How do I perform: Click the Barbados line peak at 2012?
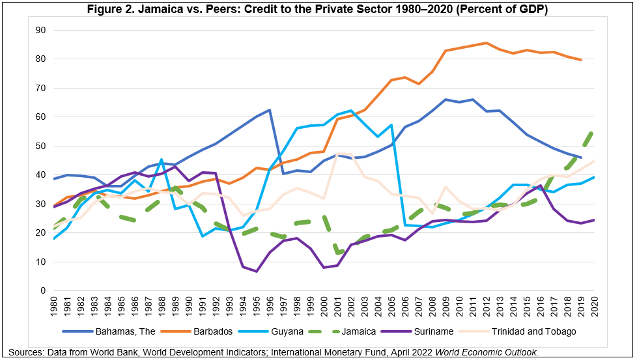[x=486, y=43]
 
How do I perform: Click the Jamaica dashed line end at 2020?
[x=593, y=132]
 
